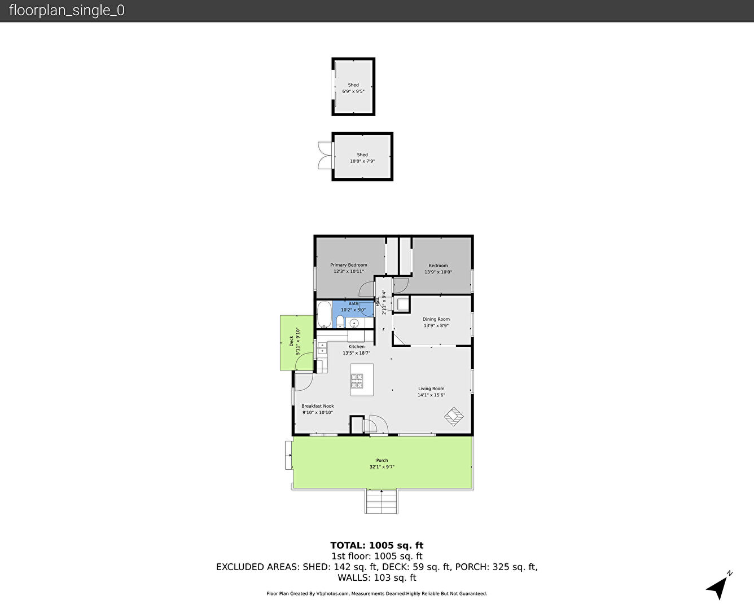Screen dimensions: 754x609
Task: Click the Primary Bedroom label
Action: tap(348, 265)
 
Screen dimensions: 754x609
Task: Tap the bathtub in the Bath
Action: tap(324, 315)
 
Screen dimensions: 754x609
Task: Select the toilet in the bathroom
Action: tap(340, 321)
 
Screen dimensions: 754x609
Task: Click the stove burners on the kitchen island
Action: tap(357, 381)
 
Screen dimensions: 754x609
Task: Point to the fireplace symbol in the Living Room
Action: tap(454, 416)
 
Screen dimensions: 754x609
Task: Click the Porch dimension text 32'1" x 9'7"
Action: tap(382, 467)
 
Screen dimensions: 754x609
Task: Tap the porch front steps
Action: tap(382, 501)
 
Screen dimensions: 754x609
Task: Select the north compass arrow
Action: tap(717, 588)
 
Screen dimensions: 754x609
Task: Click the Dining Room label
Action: tap(436, 319)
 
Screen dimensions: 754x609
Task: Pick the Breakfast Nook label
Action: tap(318, 406)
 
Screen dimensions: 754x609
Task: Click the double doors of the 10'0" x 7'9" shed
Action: tap(325, 156)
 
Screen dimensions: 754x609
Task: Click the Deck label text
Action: tap(291, 341)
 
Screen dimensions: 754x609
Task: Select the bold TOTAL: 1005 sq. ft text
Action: tap(377, 545)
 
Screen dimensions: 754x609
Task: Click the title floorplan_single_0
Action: tap(67, 11)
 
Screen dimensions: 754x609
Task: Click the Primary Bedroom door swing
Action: tap(366, 289)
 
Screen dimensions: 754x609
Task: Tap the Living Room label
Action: tap(431, 389)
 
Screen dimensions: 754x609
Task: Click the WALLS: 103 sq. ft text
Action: tap(377, 578)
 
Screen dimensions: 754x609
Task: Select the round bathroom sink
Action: tap(353, 323)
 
